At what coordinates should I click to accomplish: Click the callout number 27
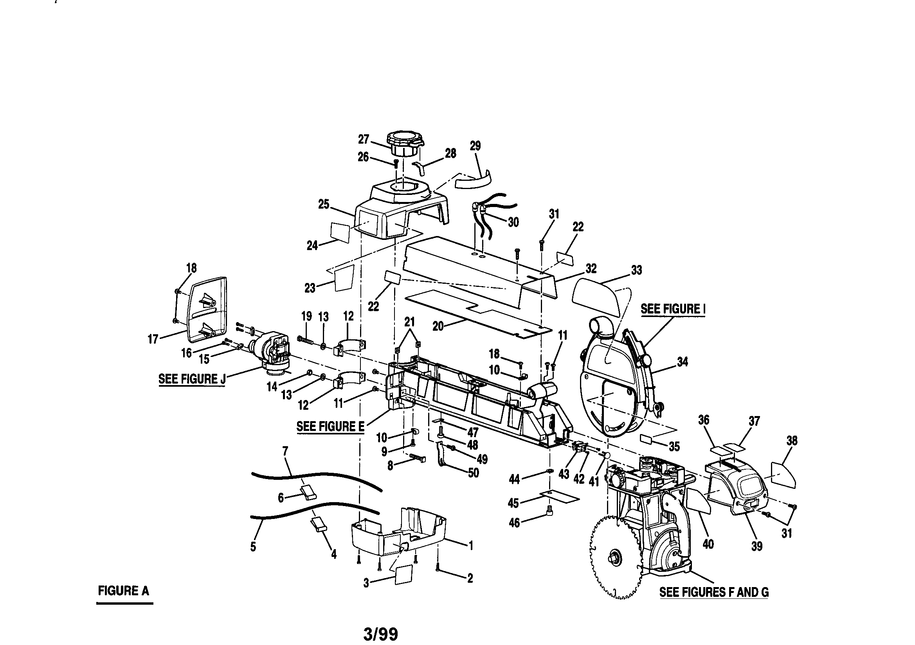pyautogui.click(x=364, y=139)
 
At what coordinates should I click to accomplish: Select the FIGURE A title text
pyautogui.click(x=124, y=590)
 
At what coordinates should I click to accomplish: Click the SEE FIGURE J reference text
pyautogui.click(x=192, y=379)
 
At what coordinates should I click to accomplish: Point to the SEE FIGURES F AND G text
pyautogui.click(x=714, y=592)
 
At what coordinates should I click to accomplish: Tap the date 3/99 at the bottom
pyautogui.click(x=380, y=633)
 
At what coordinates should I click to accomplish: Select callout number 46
pyautogui.click(x=515, y=522)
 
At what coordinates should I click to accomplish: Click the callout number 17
pyautogui.click(x=153, y=339)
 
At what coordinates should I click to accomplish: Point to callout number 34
pyautogui.click(x=682, y=362)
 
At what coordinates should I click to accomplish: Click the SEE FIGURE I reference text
pyautogui.click(x=673, y=309)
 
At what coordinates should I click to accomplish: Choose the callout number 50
pyautogui.click(x=473, y=473)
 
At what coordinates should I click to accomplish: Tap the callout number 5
pyautogui.click(x=253, y=546)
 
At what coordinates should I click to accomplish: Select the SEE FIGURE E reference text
pyautogui.click(x=330, y=427)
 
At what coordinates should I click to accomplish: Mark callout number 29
pyautogui.click(x=475, y=146)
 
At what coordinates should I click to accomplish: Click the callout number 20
pyautogui.click(x=438, y=326)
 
